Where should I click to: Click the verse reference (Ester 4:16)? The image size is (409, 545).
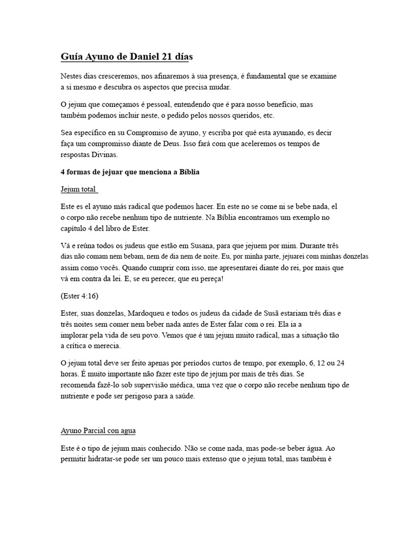80,295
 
